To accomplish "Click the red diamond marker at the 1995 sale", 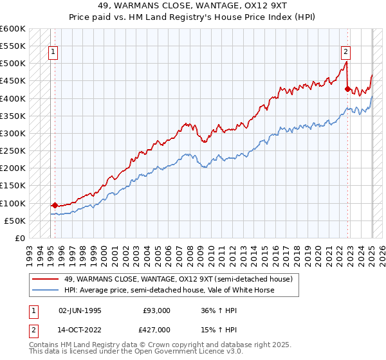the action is point(55,205).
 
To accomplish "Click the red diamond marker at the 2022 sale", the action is point(347,89).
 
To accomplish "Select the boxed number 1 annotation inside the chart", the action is point(53,53).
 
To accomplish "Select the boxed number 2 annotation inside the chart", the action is point(345,53).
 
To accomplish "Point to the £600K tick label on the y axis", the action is point(12,29).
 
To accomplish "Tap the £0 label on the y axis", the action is point(20,239).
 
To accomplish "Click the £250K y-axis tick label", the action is point(12,151).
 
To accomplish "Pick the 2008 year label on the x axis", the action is point(189,256).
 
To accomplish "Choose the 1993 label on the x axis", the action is point(30,256).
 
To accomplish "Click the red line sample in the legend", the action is point(45,279).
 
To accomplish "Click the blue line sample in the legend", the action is point(45,290).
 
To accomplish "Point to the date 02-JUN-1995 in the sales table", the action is point(80,310).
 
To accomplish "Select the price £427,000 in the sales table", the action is point(154,330).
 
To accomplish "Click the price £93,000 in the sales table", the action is point(156,310).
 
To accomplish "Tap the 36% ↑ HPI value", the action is point(219,310).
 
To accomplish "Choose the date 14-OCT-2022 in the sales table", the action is point(79,330).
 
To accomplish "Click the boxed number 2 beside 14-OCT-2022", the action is point(33,331).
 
